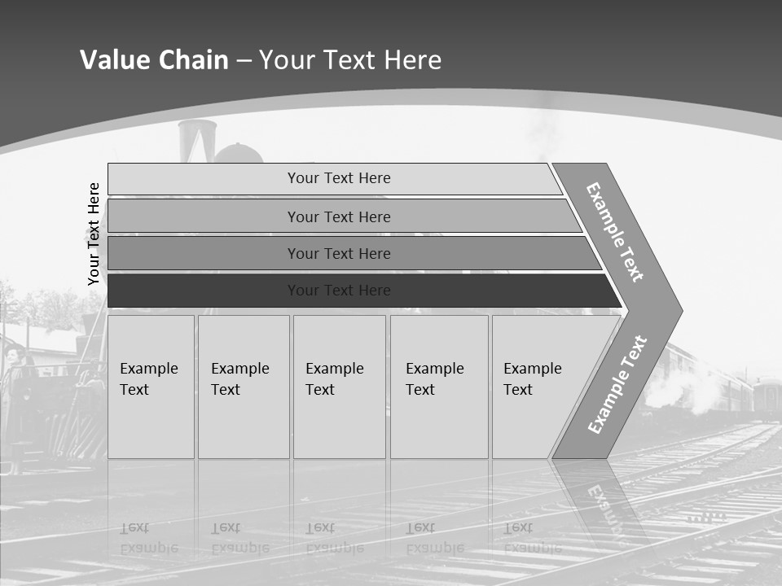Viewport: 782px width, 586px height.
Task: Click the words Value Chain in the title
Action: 154,60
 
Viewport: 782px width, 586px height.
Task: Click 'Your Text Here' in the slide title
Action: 350,60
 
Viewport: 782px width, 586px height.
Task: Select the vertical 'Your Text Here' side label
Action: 94,234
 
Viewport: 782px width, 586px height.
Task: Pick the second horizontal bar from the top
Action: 338,216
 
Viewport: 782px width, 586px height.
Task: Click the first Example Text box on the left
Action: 151,387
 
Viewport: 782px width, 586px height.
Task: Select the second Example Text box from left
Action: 243,387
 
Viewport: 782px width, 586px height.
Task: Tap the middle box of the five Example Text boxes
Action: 339,387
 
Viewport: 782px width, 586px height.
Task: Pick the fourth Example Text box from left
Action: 438,387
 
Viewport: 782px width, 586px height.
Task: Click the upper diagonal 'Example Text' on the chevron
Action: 615,232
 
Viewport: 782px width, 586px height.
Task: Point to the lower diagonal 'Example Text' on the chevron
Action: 617,384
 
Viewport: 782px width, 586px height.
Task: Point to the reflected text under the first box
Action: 149,538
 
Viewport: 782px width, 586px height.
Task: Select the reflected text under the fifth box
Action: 533,538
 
